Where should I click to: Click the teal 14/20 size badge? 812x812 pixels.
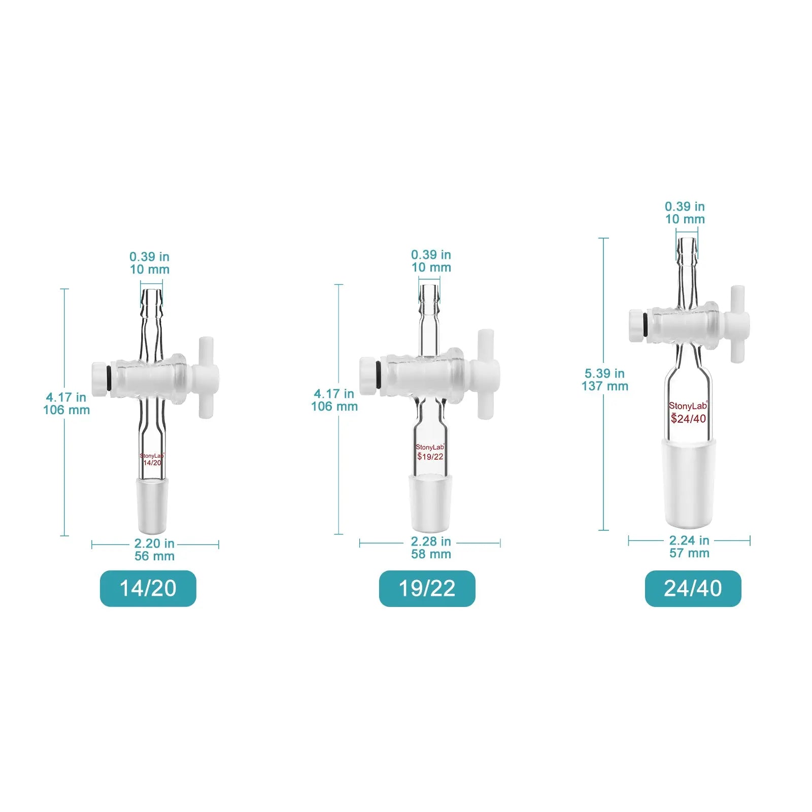[x=148, y=588]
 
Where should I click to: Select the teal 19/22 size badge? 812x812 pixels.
[x=427, y=588]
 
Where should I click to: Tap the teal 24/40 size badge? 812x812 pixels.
[x=693, y=588]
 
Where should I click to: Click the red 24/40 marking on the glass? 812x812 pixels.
[x=689, y=419]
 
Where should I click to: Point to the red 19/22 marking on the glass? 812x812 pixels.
[x=430, y=457]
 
